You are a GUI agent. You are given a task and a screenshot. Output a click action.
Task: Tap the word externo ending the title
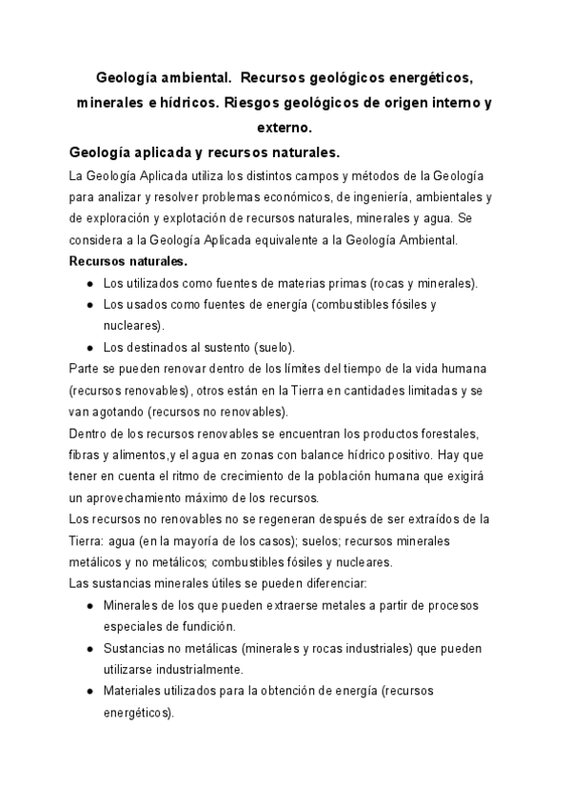pyautogui.click(x=285, y=127)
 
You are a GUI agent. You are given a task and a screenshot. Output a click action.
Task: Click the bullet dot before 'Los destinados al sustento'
pyautogui.click(x=89, y=347)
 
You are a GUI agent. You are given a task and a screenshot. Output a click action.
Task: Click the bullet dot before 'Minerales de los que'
pyautogui.click(x=89, y=605)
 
